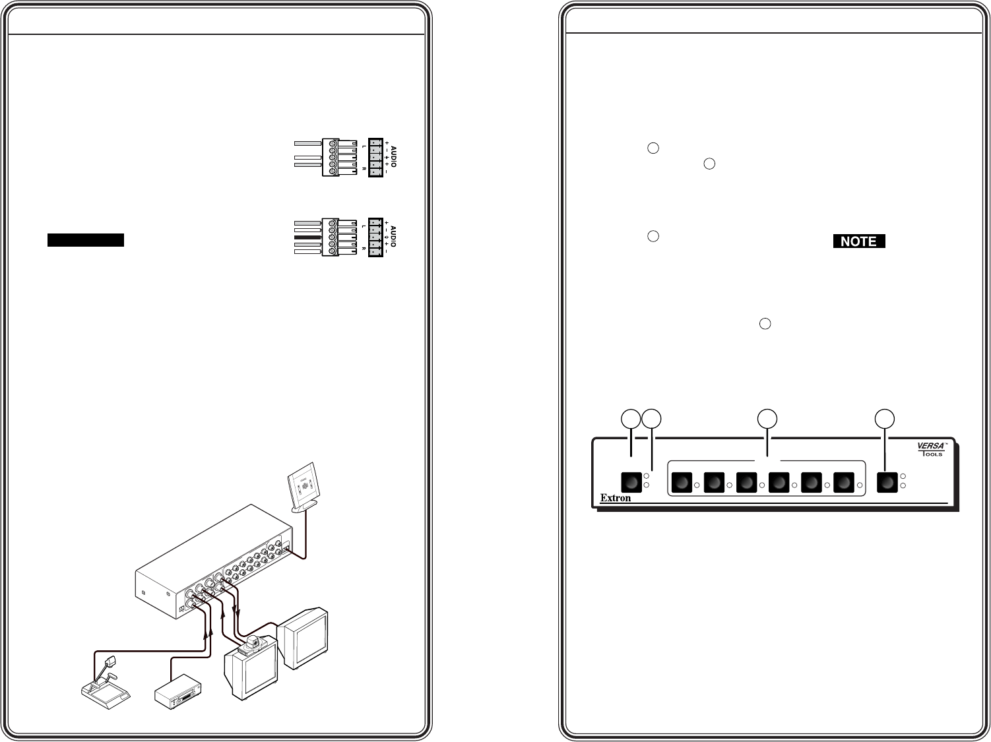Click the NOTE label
[x=858, y=241]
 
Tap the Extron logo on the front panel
[x=616, y=498]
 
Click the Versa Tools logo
[x=932, y=449]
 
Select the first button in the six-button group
[x=682, y=483]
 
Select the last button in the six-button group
[x=845, y=483]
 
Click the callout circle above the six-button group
[x=767, y=418]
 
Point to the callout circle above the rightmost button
[x=884, y=418]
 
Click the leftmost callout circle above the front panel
[x=632, y=418]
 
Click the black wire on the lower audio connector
[x=307, y=237]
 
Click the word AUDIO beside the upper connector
[x=394, y=156]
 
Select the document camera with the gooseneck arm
[x=105, y=679]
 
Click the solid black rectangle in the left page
[x=86, y=240]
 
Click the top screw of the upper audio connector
[x=333, y=143]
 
